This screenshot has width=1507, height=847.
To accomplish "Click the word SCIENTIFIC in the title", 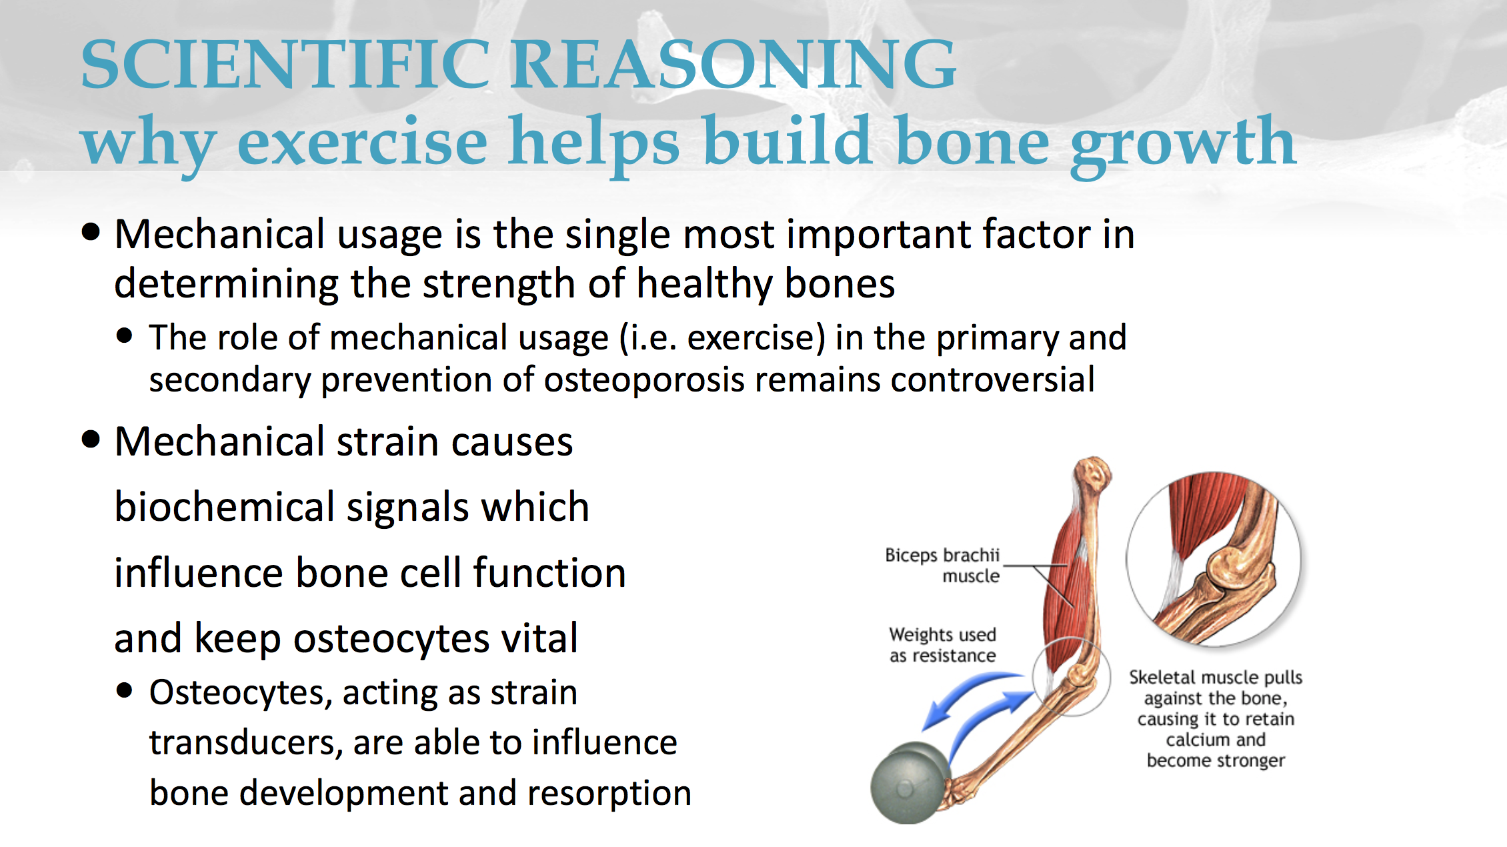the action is tap(285, 64).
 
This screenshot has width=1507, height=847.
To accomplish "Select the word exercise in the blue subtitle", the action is tap(363, 141).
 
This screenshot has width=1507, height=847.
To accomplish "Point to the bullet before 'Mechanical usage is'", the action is tap(91, 233).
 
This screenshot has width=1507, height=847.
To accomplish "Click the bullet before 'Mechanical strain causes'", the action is tap(91, 440).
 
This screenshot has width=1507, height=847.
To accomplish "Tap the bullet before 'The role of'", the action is tap(124, 335).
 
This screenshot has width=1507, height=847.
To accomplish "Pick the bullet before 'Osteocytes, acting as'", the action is tap(124, 690).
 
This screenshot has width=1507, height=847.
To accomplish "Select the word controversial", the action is tap(993, 379).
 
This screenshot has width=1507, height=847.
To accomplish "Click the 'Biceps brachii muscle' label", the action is tap(942, 566).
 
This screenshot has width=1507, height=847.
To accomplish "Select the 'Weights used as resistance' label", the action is tap(942, 645).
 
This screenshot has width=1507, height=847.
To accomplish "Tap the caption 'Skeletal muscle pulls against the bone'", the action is tap(1216, 688).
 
